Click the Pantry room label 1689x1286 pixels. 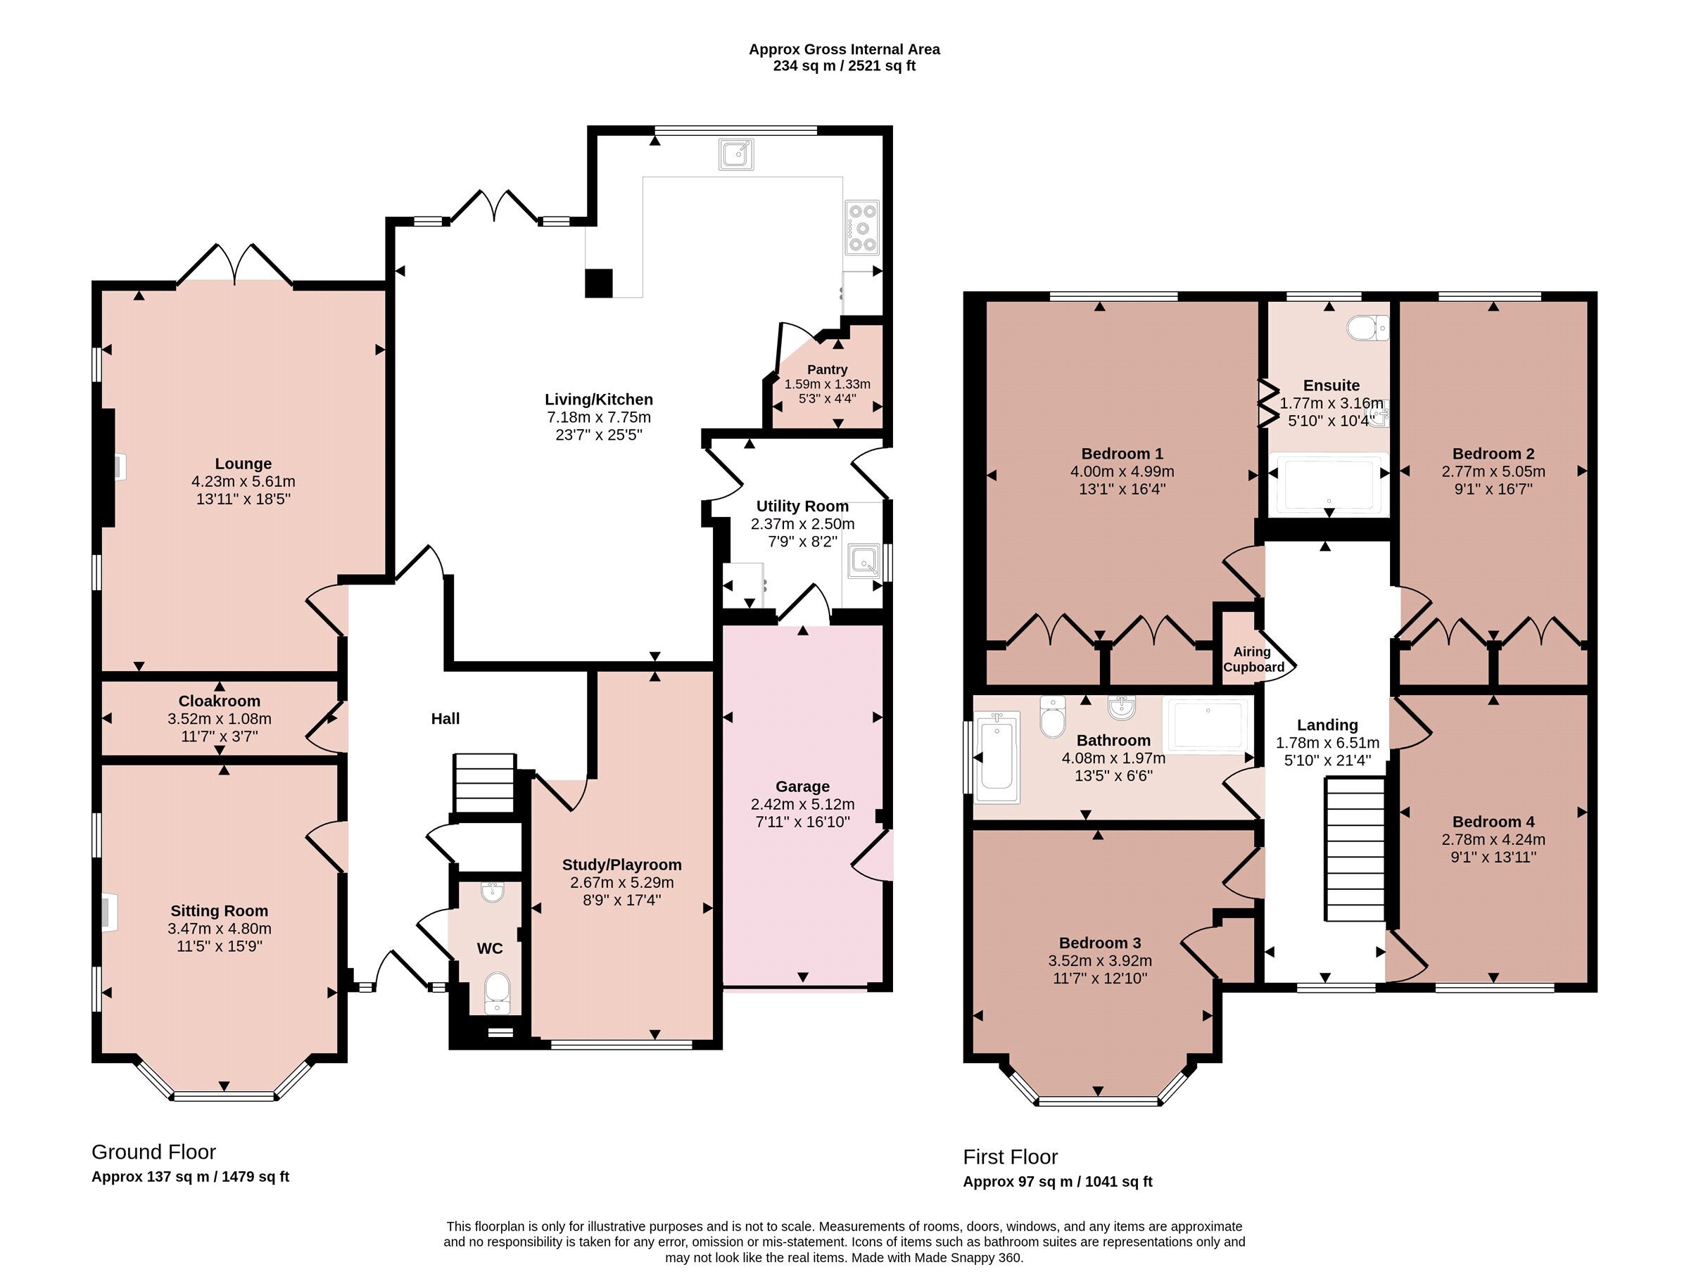coord(827,370)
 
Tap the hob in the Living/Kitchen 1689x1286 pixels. coord(862,227)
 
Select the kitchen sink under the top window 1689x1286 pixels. coord(736,155)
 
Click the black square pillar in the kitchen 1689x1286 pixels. coord(599,284)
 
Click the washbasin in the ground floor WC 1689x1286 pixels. coord(493,892)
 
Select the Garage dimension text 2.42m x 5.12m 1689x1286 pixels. coord(802,805)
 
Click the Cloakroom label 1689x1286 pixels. coord(219,701)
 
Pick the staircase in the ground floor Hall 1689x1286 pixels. coord(484,783)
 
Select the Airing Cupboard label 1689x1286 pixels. coord(1253,659)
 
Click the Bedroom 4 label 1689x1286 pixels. coord(1493,822)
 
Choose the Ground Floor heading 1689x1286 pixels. coord(153,1152)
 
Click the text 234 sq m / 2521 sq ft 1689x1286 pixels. coord(844,66)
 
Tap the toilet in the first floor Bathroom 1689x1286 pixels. coord(1054,716)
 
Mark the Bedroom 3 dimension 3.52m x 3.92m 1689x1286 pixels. coord(1099,961)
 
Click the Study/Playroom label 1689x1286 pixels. coord(621,865)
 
